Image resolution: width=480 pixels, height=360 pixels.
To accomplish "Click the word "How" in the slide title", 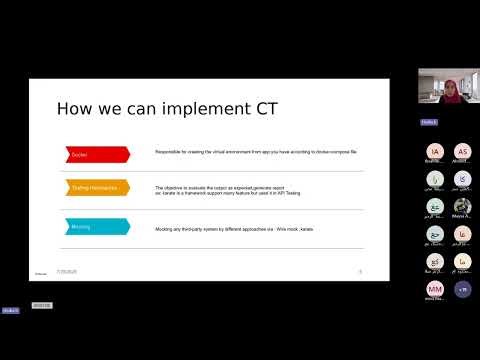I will tap(74, 108).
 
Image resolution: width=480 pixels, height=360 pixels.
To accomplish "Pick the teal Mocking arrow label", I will tap(96, 226).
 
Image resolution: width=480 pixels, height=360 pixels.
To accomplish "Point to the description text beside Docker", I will tap(255, 151).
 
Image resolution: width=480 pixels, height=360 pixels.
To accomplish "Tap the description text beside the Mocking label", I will tap(234, 227).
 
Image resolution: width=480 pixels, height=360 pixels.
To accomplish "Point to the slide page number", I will tap(359, 270).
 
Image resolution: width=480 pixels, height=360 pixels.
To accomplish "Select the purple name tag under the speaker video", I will tap(427, 122).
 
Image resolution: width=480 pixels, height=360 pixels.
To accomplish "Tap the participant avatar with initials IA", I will tap(435, 152).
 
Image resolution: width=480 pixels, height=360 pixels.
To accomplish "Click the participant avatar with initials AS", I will tap(462, 152).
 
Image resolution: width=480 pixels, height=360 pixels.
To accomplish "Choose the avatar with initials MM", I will tap(435, 289).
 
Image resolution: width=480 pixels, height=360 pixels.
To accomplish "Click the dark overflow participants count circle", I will tap(462, 289).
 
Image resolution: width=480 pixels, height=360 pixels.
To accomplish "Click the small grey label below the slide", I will tap(41, 305).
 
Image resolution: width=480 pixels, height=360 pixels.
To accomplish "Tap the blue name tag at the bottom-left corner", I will tap(10, 311).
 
